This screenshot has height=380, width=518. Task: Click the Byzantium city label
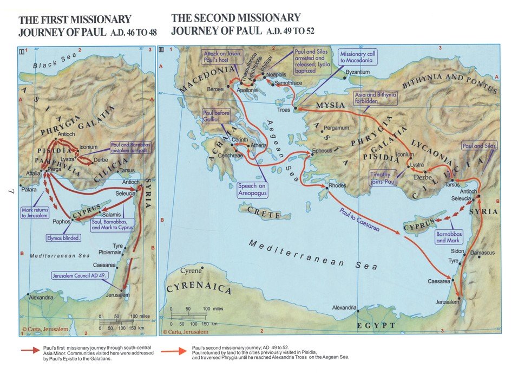tap(358, 72)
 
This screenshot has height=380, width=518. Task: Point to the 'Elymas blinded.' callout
tap(64, 237)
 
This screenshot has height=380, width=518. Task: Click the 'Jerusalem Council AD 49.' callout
tap(80, 275)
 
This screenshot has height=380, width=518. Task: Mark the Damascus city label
tap(482, 253)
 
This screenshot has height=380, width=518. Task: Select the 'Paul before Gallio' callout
tap(217, 117)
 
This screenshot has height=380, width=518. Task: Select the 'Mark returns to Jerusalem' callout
tap(36, 212)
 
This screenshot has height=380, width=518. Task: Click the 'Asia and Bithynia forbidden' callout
tap(376, 98)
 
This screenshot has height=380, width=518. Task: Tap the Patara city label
tap(29, 190)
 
